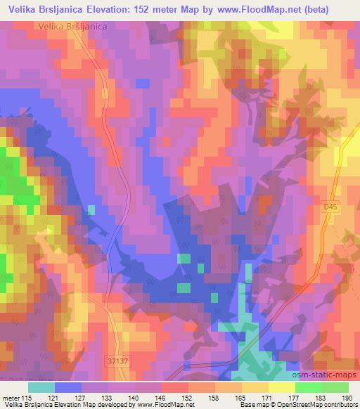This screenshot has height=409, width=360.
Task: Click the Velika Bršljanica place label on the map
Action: click(x=69, y=26)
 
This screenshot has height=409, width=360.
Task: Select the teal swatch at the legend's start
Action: click(x=41, y=387)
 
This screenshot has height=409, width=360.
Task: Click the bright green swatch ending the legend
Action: click(x=335, y=387)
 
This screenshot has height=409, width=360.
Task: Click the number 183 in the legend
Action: click(x=320, y=398)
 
